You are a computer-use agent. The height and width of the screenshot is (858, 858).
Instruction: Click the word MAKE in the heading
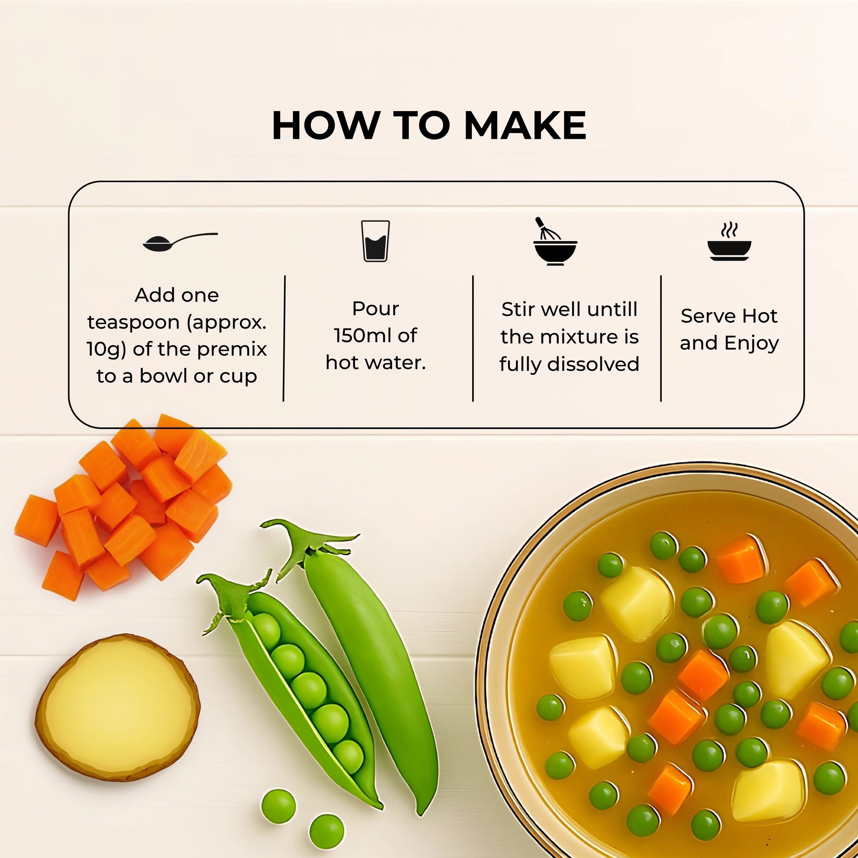(x=525, y=126)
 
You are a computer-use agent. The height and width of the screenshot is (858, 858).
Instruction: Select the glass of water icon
(x=375, y=241)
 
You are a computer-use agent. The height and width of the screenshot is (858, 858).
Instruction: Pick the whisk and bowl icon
(x=555, y=242)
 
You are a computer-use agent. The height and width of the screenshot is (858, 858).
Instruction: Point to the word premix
(x=232, y=350)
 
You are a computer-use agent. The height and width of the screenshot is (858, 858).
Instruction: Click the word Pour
(x=376, y=309)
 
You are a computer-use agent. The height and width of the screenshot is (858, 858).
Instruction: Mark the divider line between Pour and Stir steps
(x=473, y=339)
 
